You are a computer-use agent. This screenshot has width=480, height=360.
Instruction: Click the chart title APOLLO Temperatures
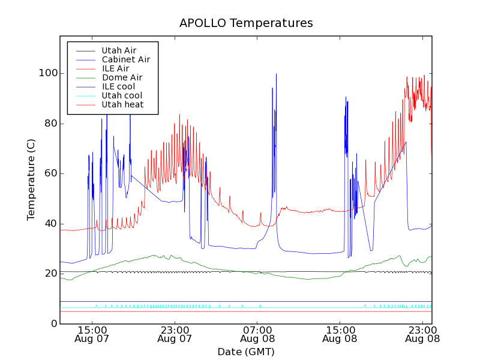(246, 23)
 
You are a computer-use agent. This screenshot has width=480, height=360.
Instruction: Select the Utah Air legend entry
(119, 50)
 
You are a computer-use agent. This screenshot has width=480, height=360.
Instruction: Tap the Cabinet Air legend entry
(125, 59)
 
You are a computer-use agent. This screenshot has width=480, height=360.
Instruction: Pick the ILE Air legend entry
(115, 68)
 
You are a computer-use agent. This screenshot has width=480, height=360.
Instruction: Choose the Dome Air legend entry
(122, 77)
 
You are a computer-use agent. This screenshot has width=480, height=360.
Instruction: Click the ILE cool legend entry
(118, 86)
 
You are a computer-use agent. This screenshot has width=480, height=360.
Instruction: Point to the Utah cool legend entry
(122, 95)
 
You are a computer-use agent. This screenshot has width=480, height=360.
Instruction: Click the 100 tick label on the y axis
(48, 73)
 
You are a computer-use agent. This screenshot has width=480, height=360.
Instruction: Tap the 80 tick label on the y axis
(50, 124)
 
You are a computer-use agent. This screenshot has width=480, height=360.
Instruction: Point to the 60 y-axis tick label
(50, 173)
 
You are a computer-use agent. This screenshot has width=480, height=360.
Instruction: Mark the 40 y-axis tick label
(50, 224)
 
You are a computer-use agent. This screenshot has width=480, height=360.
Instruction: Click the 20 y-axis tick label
(50, 274)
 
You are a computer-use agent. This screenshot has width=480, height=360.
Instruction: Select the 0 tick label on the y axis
(53, 324)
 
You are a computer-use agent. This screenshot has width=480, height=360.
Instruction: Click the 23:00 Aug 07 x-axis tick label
(175, 334)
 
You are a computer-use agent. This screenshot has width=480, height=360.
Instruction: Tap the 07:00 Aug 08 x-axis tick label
(257, 334)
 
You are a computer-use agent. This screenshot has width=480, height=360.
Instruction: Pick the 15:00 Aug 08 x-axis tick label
(340, 334)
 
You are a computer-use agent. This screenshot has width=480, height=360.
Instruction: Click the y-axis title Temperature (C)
(31, 179)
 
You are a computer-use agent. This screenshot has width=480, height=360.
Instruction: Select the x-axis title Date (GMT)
(246, 352)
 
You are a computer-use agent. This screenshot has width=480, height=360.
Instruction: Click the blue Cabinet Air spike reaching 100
(276, 76)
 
